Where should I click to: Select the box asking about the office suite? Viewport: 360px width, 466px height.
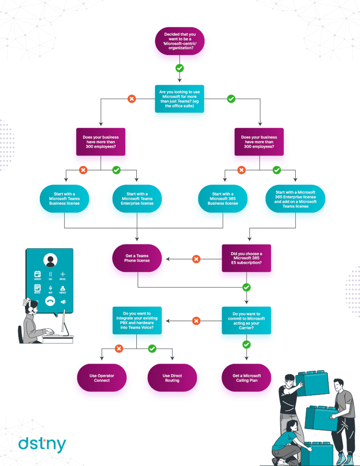point(180,99)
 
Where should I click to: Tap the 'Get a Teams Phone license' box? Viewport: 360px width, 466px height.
point(137,259)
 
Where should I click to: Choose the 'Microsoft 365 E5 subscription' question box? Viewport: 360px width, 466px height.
point(246,259)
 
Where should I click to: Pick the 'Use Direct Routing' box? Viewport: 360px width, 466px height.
point(172,378)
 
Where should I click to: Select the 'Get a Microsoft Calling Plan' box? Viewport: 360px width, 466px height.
point(247,378)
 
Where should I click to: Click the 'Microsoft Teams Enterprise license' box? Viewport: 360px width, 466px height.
point(137,199)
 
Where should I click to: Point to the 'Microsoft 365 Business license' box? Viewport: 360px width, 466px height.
point(223,199)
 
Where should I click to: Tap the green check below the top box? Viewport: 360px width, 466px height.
point(180,68)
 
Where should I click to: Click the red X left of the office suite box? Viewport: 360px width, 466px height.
point(132,99)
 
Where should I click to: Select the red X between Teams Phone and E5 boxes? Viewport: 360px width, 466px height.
point(196,259)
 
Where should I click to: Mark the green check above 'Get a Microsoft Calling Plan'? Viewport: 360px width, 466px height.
point(246,344)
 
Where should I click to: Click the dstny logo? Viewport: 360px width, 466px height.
point(42,444)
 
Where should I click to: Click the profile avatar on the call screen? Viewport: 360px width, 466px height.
point(50,261)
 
